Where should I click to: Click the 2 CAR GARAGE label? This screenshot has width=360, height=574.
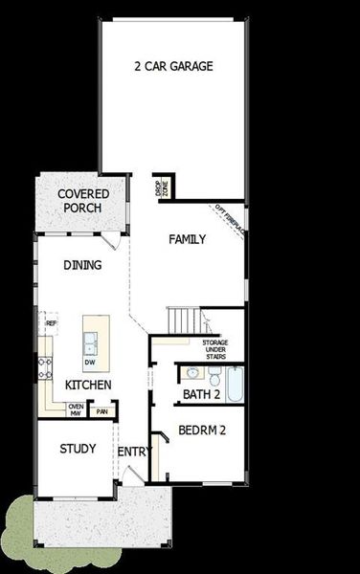pyautogui.click(x=172, y=66)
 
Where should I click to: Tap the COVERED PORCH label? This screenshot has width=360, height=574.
pyautogui.click(x=83, y=201)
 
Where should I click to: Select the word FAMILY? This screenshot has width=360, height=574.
pyautogui.click(x=188, y=239)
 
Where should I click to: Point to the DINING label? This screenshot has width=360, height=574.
pyautogui.click(x=82, y=265)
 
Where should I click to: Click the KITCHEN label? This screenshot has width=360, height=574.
pyautogui.click(x=88, y=385)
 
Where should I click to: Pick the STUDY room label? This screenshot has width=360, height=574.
pyautogui.click(x=78, y=449)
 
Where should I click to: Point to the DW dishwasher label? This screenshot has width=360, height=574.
pyautogui.click(x=89, y=363)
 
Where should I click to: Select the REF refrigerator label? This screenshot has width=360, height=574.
pyautogui.click(x=51, y=324)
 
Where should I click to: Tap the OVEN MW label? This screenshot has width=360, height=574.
pyautogui.click(x=76, y=409)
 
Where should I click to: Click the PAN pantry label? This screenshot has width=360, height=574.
pyautogui.click(x=101, y=411)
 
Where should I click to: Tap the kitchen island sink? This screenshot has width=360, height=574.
pyautogui.click(x=89, y=340)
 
